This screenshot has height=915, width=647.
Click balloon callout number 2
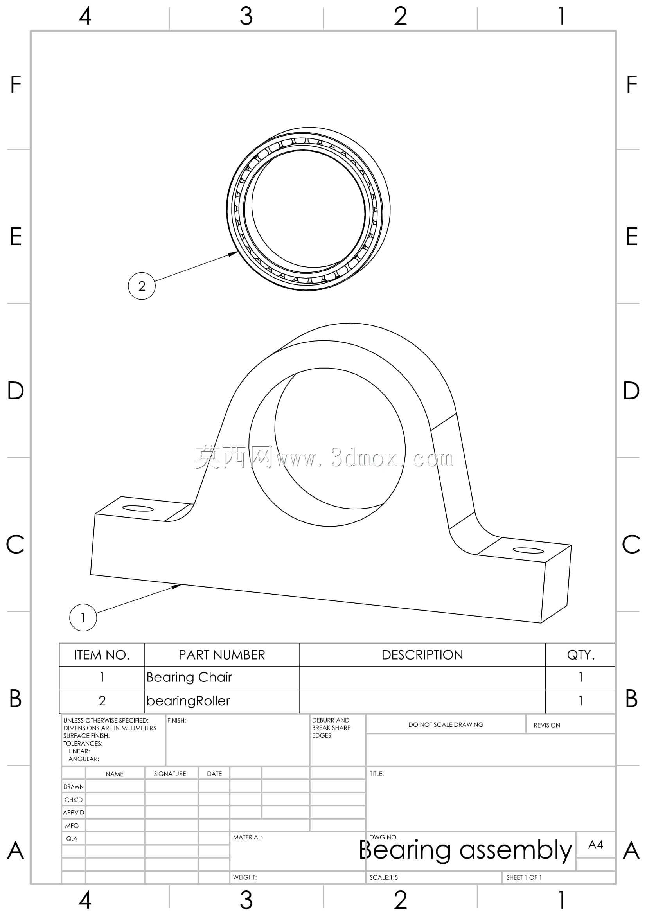pyautogui.click(x=142, y=286)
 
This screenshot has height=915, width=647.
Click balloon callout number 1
pyautogui.click(x=83, y=617)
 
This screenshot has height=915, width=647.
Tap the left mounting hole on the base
pyautogui.click(x=138, y=509)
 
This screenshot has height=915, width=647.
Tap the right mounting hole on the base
pyautogui.click(x=528, y=550)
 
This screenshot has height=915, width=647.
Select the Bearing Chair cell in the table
pyautogui.click(x=189, y=677)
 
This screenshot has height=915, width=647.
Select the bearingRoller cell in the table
pyautogui.click(x=188, y=701)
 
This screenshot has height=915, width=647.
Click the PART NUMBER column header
pyautogui.click(x=221, y=655)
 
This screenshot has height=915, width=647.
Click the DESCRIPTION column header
pyautogui.click(x=422, y=655)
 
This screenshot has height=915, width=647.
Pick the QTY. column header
pyautogui.click(x=581, y=655)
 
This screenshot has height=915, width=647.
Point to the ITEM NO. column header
pyautogui.click(x=102, y=655)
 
